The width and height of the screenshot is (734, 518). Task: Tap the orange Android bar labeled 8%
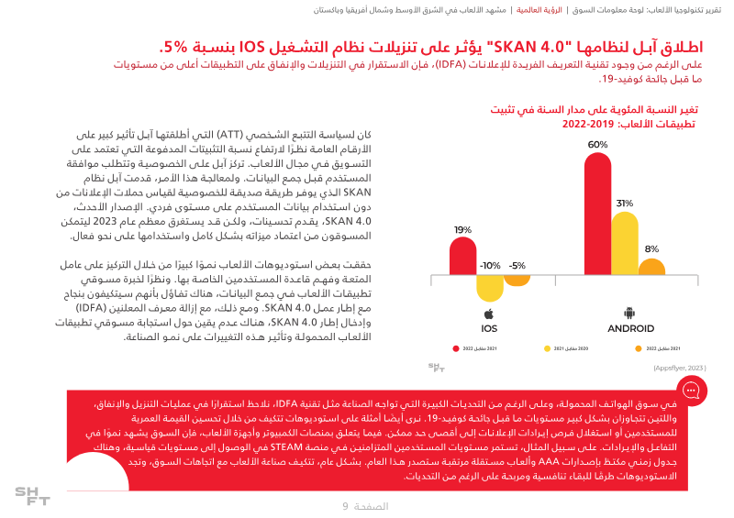pos(651,267)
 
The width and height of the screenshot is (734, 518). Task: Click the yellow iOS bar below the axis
pos(490,288)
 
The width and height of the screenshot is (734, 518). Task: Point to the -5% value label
pos(517,266)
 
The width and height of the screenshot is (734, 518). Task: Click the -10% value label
pos(490,266)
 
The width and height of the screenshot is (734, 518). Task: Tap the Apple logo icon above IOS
pos(489,314)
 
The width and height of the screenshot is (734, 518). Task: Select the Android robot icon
pos(629,314)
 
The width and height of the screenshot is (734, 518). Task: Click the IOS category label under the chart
pos(489,328)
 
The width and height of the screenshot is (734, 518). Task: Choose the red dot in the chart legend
pos(455,349)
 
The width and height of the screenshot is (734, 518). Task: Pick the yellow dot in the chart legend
pos(547,349)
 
